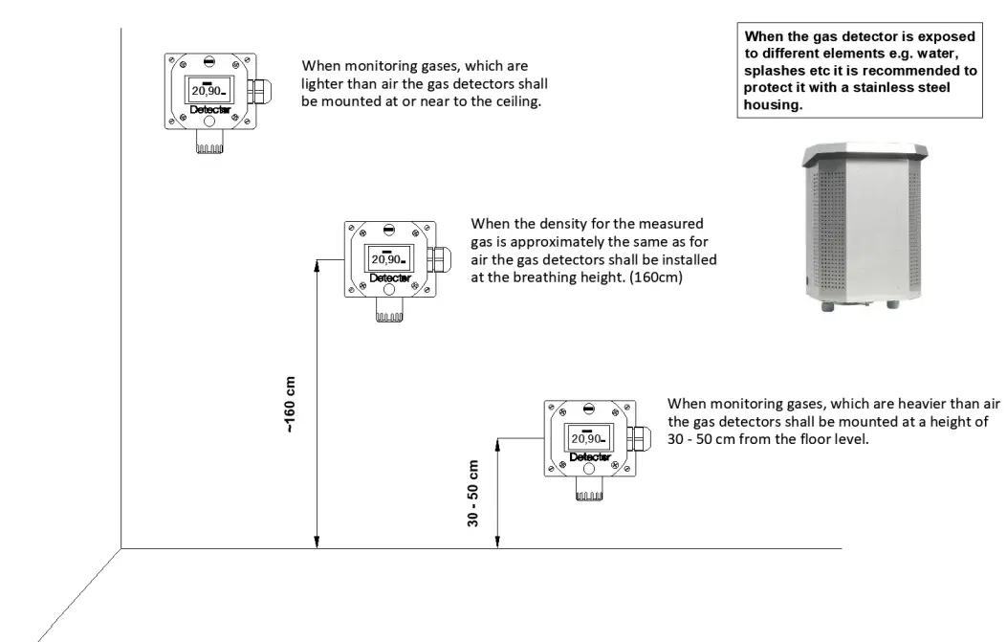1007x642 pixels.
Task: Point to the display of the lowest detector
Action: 587,436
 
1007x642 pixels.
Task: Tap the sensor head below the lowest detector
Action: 589,491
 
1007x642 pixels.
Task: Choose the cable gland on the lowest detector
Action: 638,441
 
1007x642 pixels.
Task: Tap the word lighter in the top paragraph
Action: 324,84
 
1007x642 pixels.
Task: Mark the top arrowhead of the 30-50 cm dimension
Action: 497,443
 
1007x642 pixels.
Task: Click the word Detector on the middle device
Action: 390,278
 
